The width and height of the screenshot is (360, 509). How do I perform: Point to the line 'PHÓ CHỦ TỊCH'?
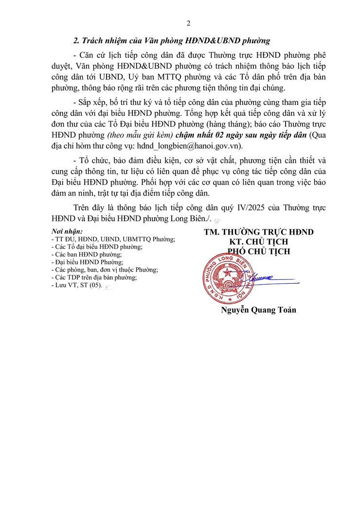click(259, 252)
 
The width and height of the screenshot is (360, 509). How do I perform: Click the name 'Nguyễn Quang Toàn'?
click(258, 310)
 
